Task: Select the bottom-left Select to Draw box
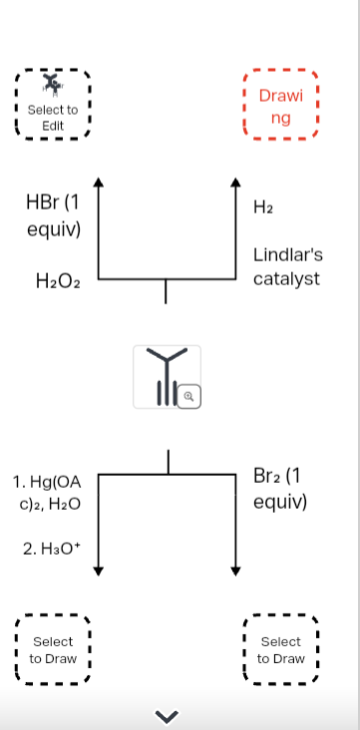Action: point(53,650)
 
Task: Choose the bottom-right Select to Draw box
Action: point(280,650)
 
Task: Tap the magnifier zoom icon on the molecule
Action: point(191,397)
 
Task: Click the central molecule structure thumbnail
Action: point(166,376)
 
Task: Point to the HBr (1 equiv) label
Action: point(53,214)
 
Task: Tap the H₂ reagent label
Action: point(264,207)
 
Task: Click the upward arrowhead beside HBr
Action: point(98,182)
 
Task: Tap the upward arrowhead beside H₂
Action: point(235,182)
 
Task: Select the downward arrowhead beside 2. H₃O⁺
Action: point(98,570)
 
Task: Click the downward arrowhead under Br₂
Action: point(235,570)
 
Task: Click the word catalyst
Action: point(286,278)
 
